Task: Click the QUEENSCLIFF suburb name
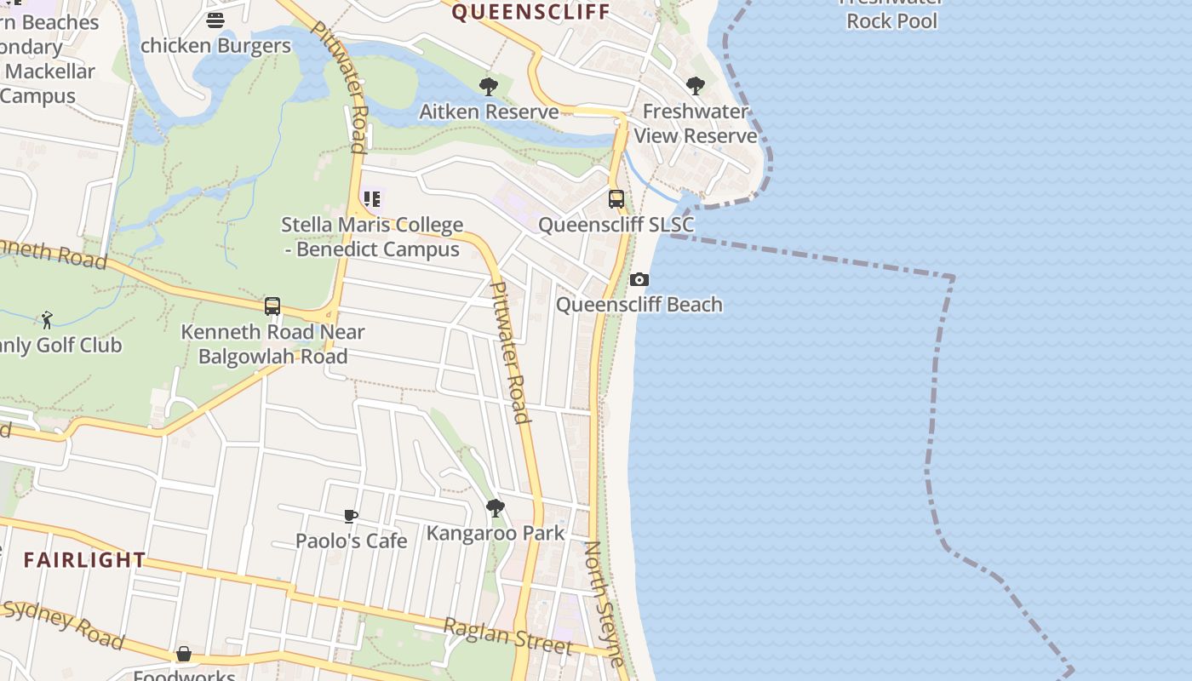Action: (531, 12)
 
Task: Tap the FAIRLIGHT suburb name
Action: (84, 560)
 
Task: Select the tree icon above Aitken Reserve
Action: (489, 86)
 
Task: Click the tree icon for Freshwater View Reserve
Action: (696, 86)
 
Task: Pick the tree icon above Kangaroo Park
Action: (496, 508)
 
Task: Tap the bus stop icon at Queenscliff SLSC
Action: (616, 199)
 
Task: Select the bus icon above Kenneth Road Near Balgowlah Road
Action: (272, 306)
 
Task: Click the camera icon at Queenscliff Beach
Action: (639, 279)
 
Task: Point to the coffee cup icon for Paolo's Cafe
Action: (351, 516)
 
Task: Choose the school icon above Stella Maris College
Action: (372, 199)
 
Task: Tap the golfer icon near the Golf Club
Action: (47, 320)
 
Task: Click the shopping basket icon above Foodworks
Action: (184, 655)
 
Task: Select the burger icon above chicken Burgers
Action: (215, 20)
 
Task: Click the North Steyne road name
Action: (605, 603)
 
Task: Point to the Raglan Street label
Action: (507, 636)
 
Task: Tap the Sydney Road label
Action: (63, 625)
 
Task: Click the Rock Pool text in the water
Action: (891, 21)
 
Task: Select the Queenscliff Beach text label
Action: (639, 305)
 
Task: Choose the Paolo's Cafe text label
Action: (351, 541)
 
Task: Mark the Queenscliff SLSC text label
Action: (616, 225)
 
